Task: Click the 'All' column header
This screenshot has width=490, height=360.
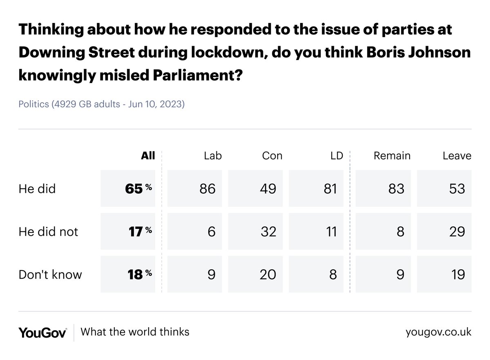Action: (x=148, y=156)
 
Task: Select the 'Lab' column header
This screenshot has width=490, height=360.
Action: (x=212, y=156)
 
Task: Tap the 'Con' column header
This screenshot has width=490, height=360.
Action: (x=272, y=156)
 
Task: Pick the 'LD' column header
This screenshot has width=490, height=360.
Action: (x=337, y=156)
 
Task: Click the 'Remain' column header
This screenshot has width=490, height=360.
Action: (x=392, y=156)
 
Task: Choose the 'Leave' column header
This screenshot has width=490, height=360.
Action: (x=457, y=156)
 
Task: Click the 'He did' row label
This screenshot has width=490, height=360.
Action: (x=37, y=189)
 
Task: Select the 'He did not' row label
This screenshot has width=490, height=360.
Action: (x=48, y=232)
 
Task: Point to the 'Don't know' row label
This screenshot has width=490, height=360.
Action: (x=50, y=275)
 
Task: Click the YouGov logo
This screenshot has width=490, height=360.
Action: (x=42, y=332)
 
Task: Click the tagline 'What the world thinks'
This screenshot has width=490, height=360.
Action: (x=135, y=331)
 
